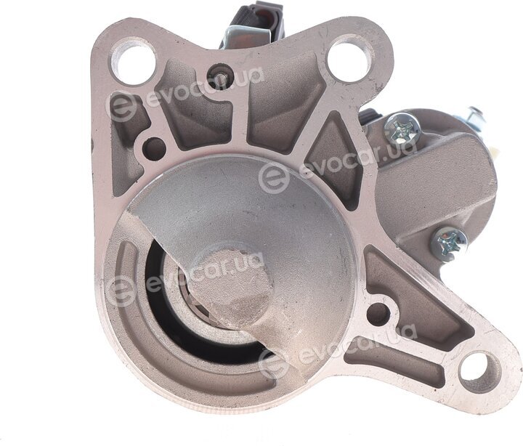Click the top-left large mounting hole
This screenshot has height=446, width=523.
pyautogui.click(x=134, y=61)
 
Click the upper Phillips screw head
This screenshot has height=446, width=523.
pyautogui.click(x=402, y=127)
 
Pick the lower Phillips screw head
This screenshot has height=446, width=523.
pyautogui.click(x=448, y=242)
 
